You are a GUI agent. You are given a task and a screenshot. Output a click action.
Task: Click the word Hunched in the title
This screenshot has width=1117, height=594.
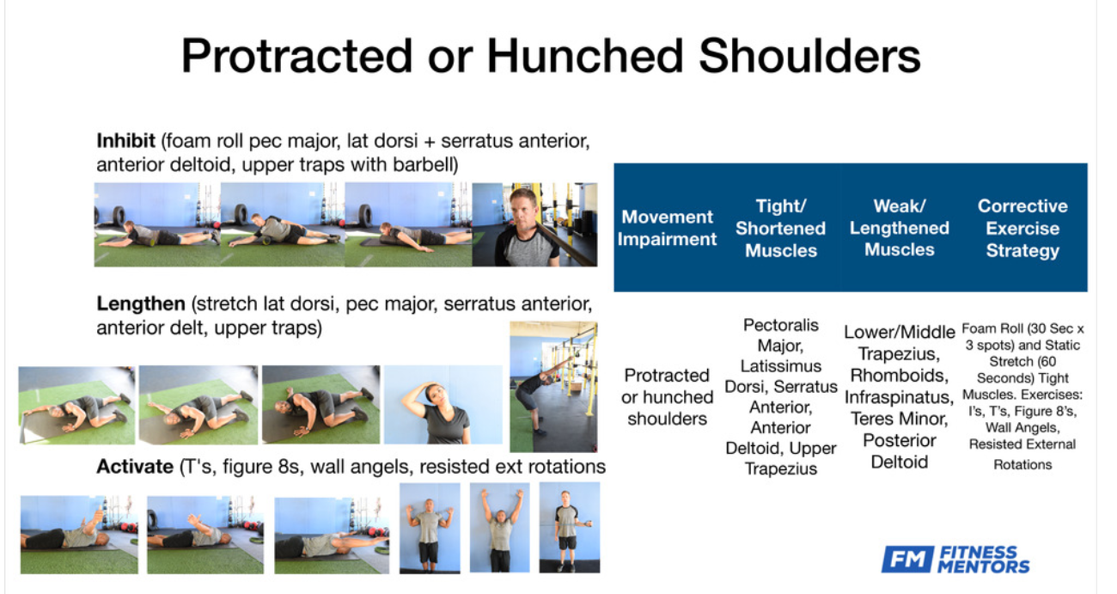pyautogui.click(x=585, y=56)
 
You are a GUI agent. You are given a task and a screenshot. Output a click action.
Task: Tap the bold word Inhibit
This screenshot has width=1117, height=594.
pyautogui.click(x=125, y=141)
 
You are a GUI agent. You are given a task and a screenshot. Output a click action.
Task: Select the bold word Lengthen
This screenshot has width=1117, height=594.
pyautogui.click(x=141, y=303)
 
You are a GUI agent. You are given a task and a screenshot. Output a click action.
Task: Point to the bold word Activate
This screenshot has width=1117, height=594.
pyautogui.click(x=135, y=466)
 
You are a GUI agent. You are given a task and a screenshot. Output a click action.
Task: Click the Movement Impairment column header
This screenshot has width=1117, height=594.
pyautogui.click(x=668, y=228)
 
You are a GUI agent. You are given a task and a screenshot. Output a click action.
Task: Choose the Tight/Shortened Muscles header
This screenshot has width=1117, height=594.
pyautogui.click(x=780, y=228)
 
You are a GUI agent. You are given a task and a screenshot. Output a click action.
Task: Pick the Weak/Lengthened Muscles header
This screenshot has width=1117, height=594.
pyautogui.click(x=899, y=228)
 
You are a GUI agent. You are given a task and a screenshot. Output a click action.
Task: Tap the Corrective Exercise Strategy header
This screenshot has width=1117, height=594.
pyautogui.click(x=1022, y=228)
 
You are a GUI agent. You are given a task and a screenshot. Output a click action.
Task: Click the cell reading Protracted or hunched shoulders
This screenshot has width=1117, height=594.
pyautogui.click(x=668, y=397)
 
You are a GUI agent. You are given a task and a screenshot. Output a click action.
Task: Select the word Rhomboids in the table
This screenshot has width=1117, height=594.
pyautogui.click(x=899, y=375)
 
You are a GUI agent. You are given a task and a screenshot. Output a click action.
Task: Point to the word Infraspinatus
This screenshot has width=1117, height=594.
pyautogui.click(x=899, y=397)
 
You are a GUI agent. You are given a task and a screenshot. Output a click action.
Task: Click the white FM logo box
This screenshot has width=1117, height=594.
pyautogui.click(x=907, y=559)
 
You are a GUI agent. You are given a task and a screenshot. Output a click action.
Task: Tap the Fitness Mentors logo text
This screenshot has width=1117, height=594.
pyautogui.click(x=983, y=560)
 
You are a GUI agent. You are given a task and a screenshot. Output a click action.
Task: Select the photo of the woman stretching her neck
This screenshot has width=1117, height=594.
pyautogui.click(x=443, y=405)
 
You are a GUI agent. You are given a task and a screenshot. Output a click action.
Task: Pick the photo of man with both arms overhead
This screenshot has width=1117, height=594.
pyautogui.click(x=500, y=528)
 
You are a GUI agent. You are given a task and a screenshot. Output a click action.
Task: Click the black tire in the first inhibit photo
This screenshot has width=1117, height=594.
pyautogui.click(x=119, y=216)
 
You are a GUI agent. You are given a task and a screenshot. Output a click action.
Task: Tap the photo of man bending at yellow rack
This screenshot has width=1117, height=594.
pyautogui.click(x=553, y=387)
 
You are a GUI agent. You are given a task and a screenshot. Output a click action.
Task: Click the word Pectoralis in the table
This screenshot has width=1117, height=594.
pyautogui.click(x=781, y=325)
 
